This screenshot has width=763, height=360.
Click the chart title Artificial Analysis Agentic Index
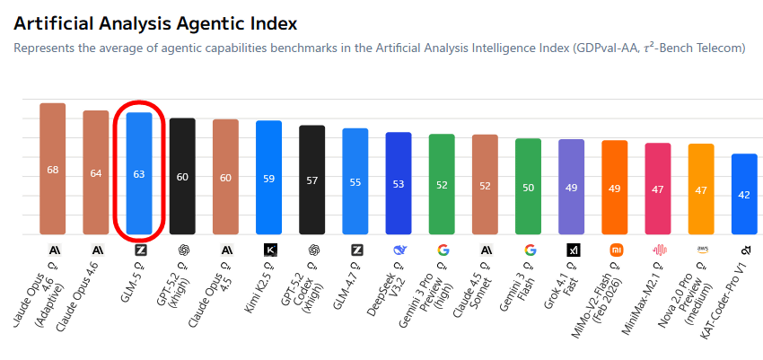[x=155, y=22]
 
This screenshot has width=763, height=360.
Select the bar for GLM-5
[x=139, y=174]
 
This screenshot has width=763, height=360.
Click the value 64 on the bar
[x=96, y=173]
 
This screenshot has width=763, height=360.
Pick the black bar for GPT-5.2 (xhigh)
[x=182, y=177]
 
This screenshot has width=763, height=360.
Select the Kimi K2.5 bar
[x=269, y=178]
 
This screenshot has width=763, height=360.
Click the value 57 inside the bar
[x=312, y=180]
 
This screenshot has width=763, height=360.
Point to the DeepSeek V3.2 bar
[x=399, y=184]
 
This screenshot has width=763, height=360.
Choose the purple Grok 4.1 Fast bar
[x=572, y=188]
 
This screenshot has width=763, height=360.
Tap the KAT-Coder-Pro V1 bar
[x=744, y=194]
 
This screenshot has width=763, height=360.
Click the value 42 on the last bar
[x=744, y=195]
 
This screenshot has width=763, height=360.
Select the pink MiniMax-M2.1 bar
[x=658, y=189]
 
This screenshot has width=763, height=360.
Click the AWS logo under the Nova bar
[x=701, y=250]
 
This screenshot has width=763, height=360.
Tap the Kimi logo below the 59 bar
[x=269, y=250]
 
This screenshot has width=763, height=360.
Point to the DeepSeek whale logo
[x=399, y=250]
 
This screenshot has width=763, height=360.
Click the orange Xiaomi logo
[x=615, y=250]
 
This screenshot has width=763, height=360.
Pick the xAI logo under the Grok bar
[x=572, y=250]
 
